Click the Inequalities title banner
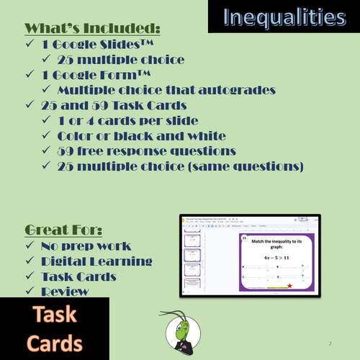point(283,17)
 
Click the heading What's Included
point(92,29)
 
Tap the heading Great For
point(63,230)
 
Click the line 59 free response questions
point(146,150)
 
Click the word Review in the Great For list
point(66,292)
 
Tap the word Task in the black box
point(55,315)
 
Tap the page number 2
point(330,343)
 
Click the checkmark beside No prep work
point(30,246)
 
